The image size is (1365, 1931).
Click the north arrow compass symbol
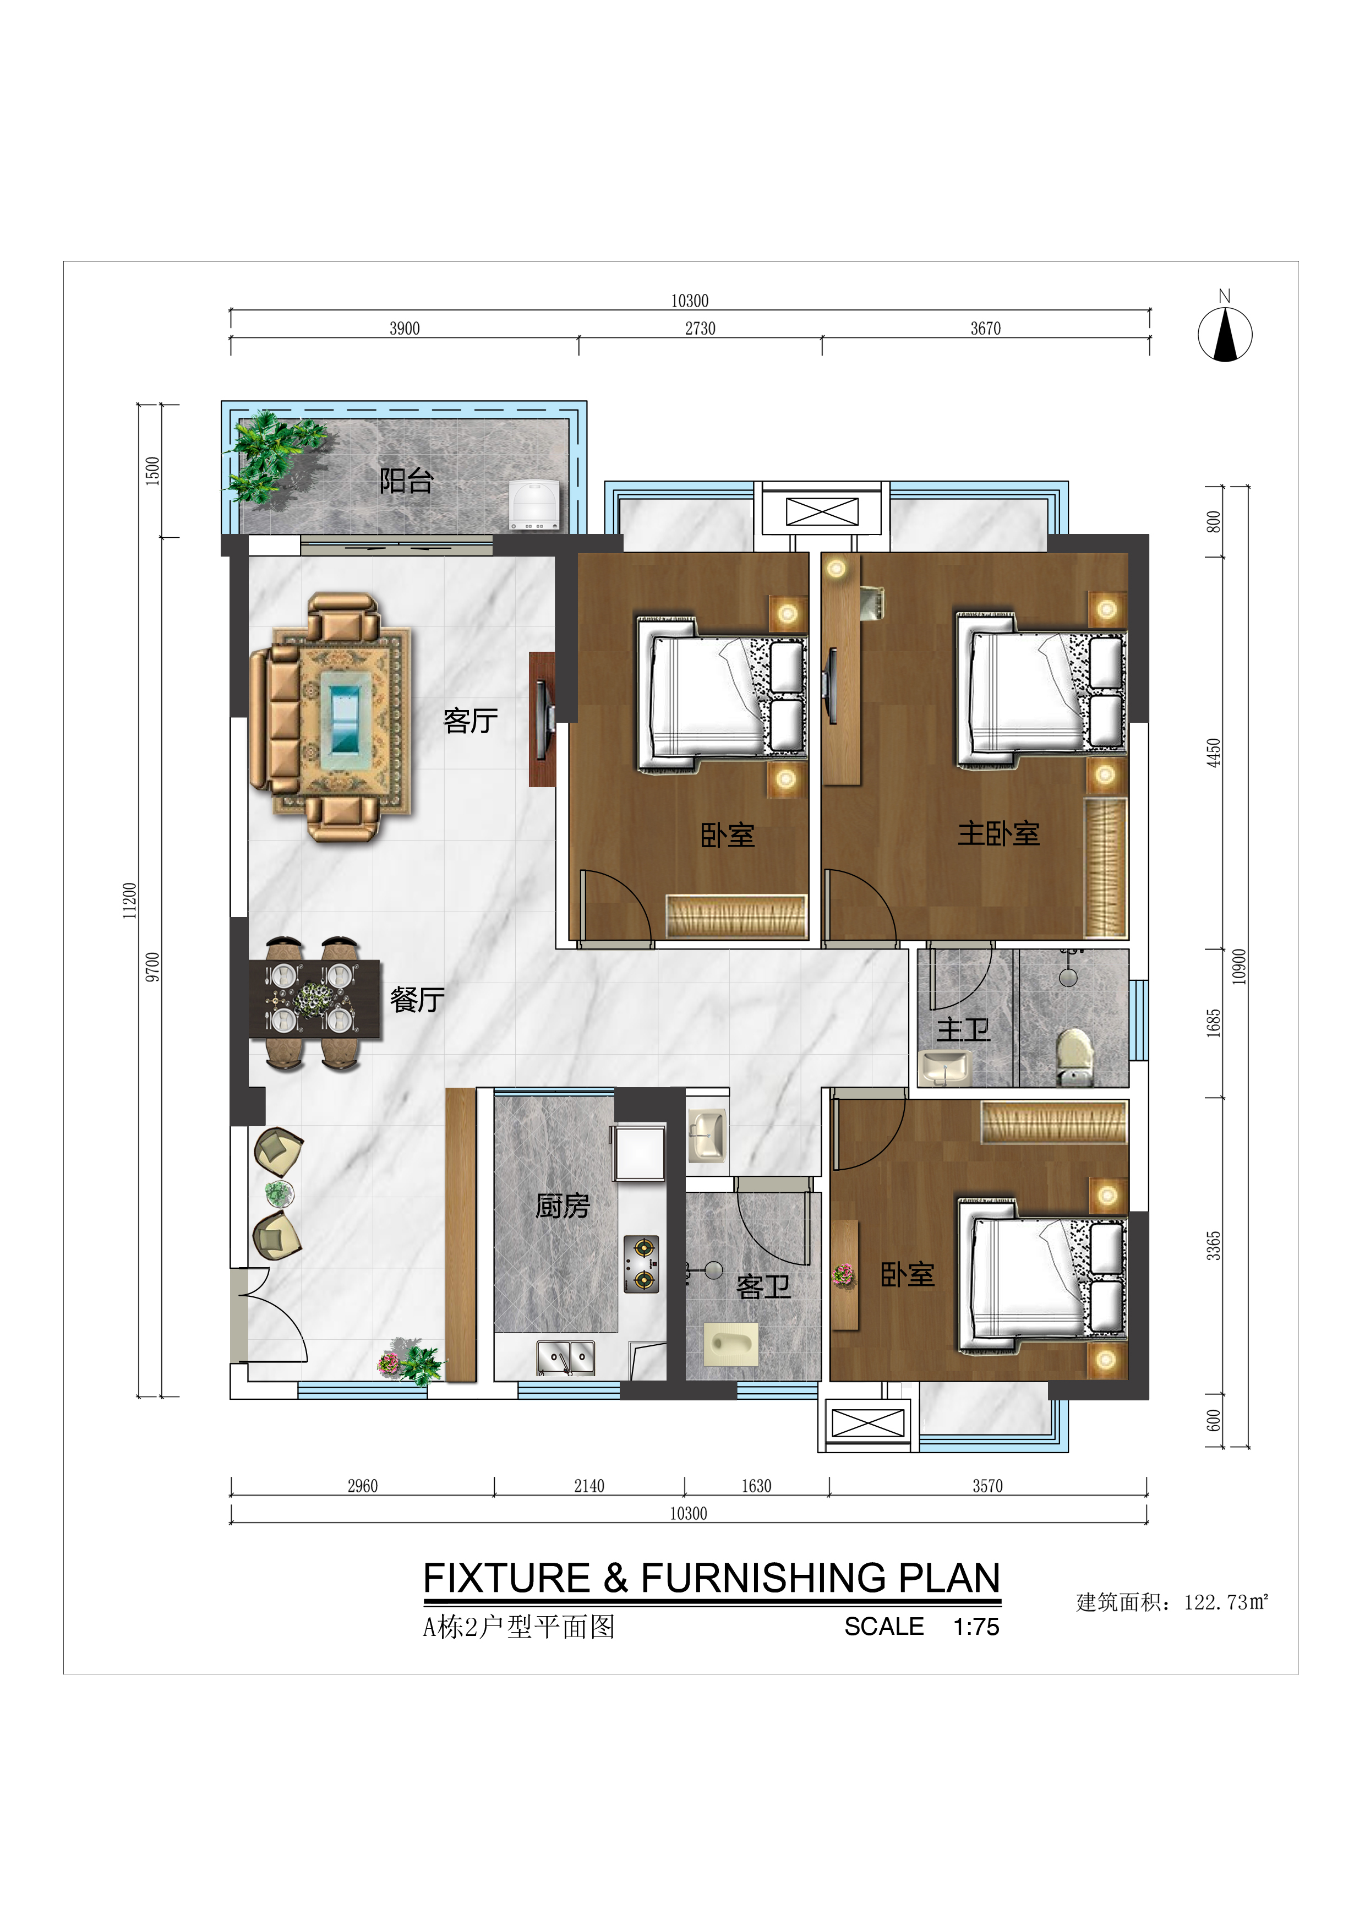[x=1225, y=334]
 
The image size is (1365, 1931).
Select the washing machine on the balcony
[x=534, y=505]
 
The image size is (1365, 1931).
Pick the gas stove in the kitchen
[x=641, y=1264]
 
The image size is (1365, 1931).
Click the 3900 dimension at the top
[x=405, y=328]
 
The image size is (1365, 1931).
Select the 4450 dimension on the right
[x=1213, y=752]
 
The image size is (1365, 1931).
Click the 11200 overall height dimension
[x=129, y=900]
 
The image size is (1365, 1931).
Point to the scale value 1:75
[x=976, y=1627]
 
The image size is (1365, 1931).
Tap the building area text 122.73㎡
[x=1225, y=1602]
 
